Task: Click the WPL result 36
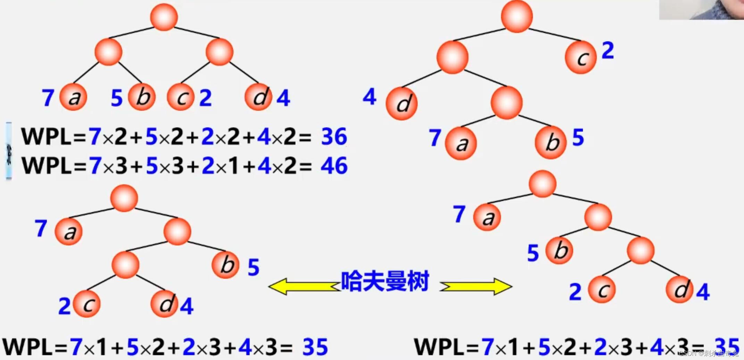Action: click(x=334, y=136)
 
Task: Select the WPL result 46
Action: click(x=334, y=166)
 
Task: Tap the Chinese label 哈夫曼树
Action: click(x=385, y=281)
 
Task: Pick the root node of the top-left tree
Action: click(x=164, y=17)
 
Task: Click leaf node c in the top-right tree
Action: click(x=580, y=58)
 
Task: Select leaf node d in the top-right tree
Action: click(x=402, y=103)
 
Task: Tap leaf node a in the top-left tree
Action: click(x=73, y=97)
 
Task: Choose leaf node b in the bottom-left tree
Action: click(x=226, y=265)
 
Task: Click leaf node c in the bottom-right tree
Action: click(x=602, y=290)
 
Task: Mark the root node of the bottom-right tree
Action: click(x=542, y=184)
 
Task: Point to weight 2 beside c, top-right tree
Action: click(x=608, y=51)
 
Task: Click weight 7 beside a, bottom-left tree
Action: click(x=41, y=228)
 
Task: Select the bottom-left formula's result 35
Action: click(x=315, y=347)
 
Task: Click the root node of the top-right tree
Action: click(x=517, y=17)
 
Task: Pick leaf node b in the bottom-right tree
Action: click(x=559, y=250)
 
